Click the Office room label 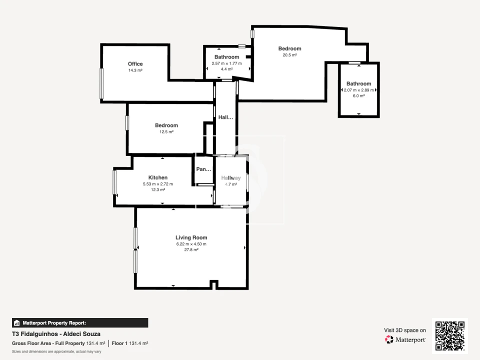coord(135,64)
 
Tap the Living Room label coord(191,237)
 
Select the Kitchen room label coord(158,177)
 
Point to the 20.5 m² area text coord(289,55)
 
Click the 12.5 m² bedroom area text coord(166,132)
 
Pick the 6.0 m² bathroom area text coord(359,96)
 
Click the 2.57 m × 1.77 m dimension coord(226,63)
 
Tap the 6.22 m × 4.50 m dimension coord(191,244)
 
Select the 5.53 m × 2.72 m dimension coord(158,184)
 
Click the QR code coord(450,336)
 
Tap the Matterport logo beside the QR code coord(405,339)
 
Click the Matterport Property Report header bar coord(80,323)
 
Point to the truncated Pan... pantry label coord(203,169)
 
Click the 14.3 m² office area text coord(135,70)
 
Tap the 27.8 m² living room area coord(191,249)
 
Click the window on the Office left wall coord(101,83)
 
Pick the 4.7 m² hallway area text coord(231,184)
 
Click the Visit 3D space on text coord(405,330)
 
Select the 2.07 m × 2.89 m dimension coord(359,90)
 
